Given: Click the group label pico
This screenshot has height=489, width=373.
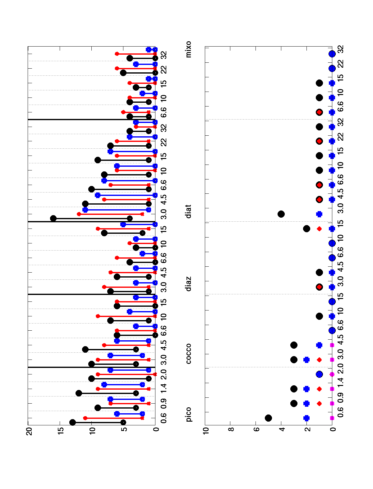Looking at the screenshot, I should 189,414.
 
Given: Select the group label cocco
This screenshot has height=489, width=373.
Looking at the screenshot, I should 189,354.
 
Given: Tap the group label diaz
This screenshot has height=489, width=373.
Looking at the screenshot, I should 189,283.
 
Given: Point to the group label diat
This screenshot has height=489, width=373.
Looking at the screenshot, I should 189,211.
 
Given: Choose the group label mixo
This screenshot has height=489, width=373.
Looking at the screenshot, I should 189,49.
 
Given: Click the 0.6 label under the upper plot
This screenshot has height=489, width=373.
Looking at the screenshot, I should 164,418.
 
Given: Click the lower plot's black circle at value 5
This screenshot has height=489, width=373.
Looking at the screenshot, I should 269,418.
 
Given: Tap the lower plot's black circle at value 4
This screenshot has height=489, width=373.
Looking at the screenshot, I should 281,214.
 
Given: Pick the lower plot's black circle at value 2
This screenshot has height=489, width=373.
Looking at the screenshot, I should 306,229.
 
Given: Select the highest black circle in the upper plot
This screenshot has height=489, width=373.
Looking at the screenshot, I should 53,218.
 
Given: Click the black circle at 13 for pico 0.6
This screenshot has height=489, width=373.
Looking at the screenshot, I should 73,422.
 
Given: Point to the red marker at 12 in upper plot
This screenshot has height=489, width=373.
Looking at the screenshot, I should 79,214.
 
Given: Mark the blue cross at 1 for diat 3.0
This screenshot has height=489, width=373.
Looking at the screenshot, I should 319,214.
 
